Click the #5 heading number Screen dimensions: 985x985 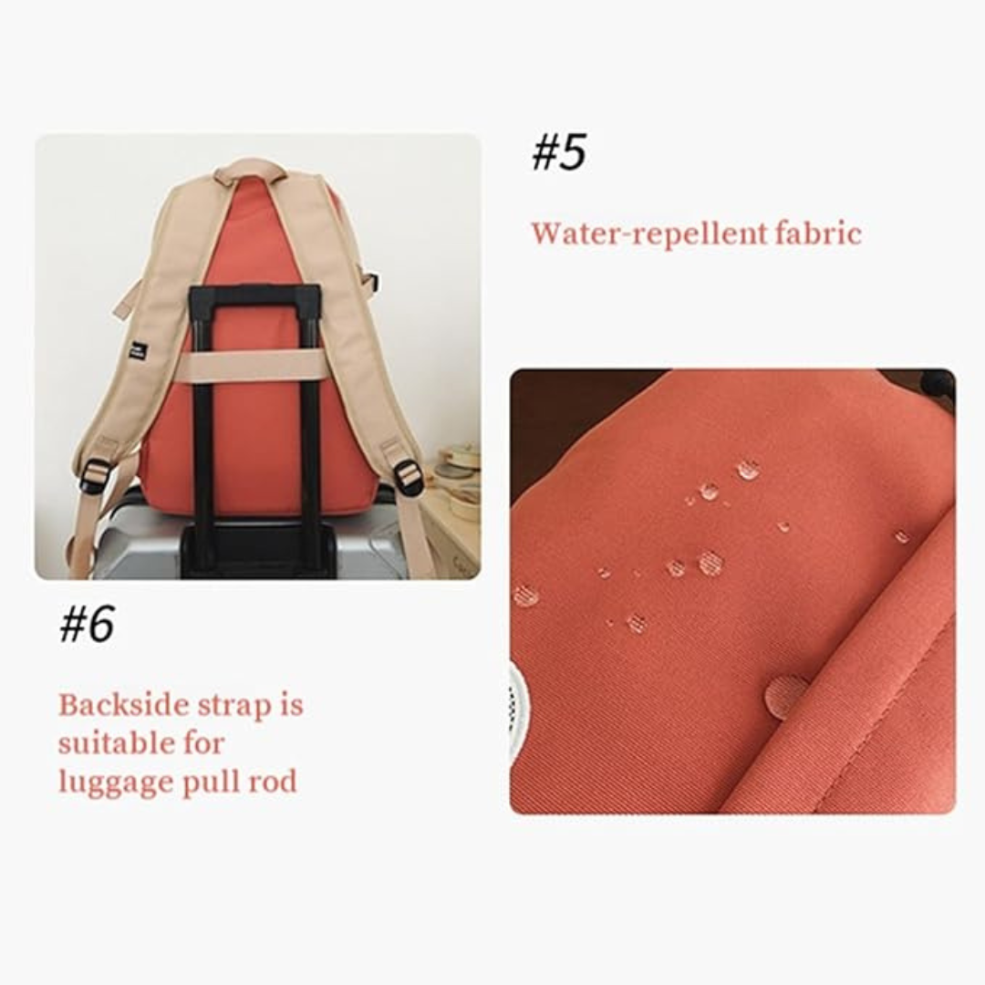(558, 152)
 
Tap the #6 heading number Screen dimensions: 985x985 (87, 623)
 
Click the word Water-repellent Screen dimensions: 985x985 (649, 234)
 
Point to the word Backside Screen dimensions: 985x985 (124, 705)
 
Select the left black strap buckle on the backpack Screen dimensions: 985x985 (96, 476)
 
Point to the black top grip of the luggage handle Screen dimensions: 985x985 (255, 295)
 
